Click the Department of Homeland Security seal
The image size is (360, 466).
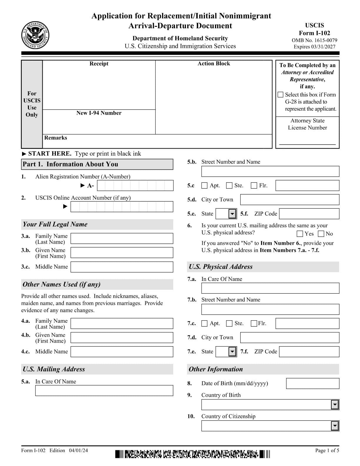(35, 36)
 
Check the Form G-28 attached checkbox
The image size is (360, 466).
(280, 95)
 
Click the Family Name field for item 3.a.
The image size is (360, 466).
(122, 239)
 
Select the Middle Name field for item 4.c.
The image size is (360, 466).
(122, 352)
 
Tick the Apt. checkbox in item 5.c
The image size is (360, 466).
(204, 186)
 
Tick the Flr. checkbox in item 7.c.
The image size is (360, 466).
(254, 323)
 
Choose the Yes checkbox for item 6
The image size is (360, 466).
(300, 234)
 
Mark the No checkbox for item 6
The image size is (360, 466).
(321, 234)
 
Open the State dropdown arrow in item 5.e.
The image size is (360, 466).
(232, 214)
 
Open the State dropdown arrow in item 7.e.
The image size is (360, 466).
(232, 352)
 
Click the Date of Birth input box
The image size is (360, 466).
(312, 383)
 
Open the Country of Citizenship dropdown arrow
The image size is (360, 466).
(335, 426)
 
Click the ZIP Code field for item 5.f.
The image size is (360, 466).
(309, 214)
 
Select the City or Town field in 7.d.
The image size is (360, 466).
(289, 337)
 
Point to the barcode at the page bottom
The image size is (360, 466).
(193, 454)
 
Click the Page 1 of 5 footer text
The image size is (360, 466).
(327, 450)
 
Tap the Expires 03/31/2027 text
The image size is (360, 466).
(314, 46)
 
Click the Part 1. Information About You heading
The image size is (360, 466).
(71, 164)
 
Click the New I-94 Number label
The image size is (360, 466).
(99, 113)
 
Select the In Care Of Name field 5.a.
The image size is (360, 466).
(104, 390)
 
